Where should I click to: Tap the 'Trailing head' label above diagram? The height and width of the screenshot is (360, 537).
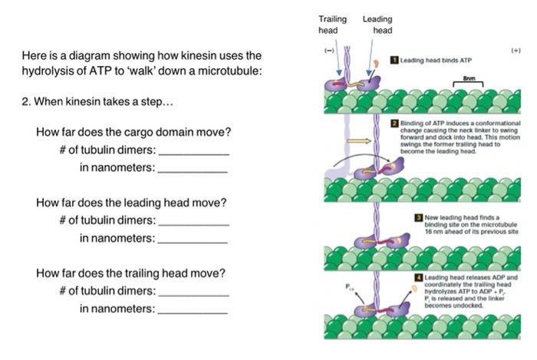click(332, 24)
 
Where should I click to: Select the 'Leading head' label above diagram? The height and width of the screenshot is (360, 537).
click(377, 24)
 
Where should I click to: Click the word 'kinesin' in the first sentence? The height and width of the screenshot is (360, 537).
click(158, 56)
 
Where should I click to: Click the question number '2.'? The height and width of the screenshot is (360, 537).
click(26, 103)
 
